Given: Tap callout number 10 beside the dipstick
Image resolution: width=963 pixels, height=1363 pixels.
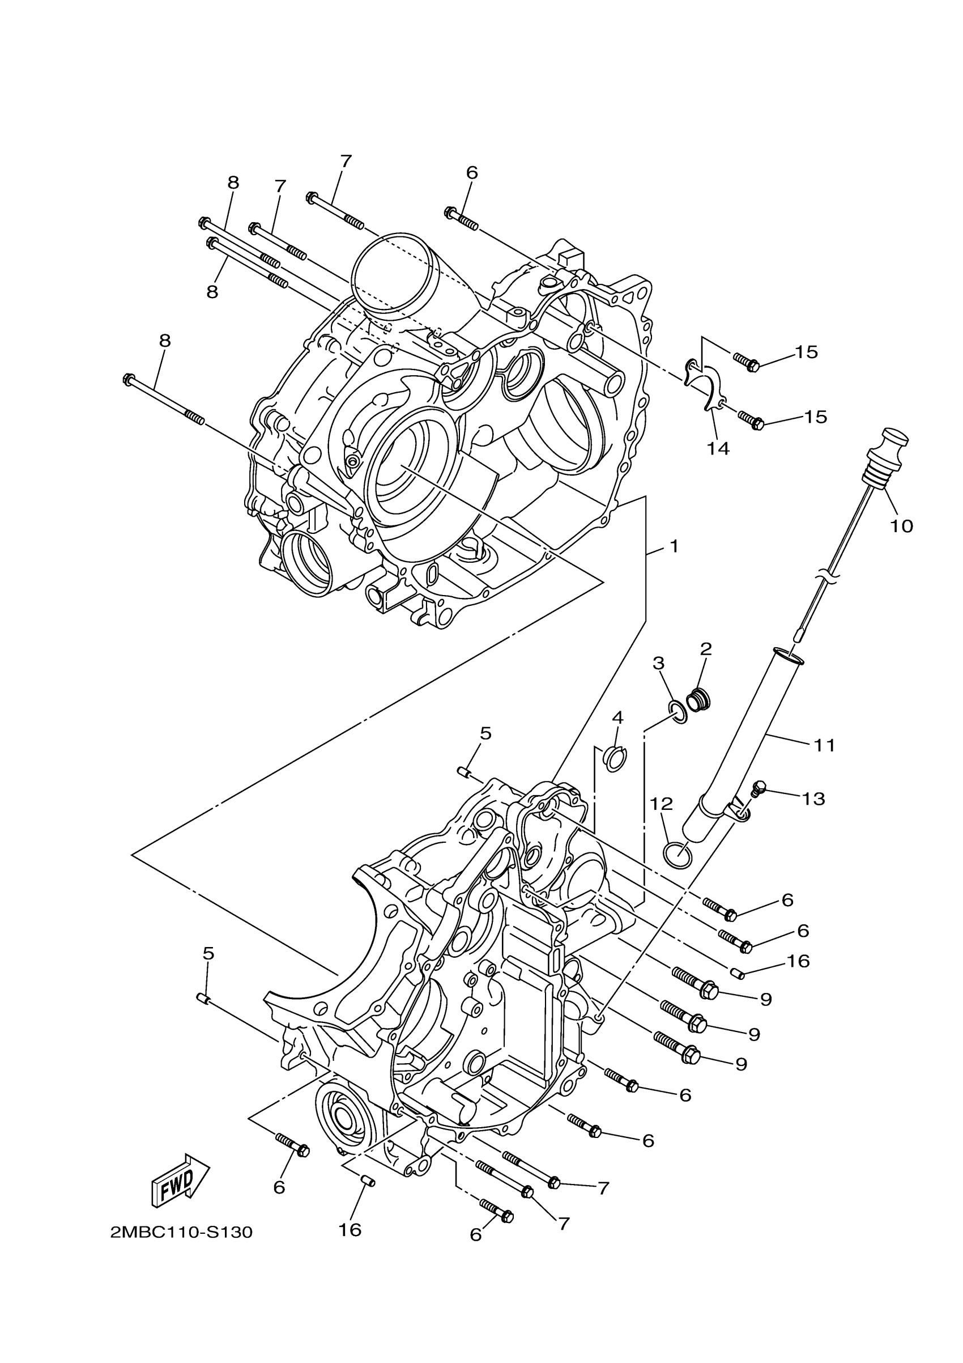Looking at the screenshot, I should tap(901, 526).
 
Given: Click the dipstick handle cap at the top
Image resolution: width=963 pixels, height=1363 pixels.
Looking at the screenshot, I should tap(895, 439).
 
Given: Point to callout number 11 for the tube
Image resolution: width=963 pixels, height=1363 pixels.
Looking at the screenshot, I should tap(824, 745).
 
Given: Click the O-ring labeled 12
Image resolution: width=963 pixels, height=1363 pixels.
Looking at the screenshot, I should tap(677, 855).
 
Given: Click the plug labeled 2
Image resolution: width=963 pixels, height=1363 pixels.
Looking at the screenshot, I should tap(698, 701).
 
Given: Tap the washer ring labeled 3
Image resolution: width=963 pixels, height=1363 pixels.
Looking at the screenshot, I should tap(678, 711).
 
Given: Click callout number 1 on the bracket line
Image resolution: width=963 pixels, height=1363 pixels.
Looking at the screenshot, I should tap(674, 546).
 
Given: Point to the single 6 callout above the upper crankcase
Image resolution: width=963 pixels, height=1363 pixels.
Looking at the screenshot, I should tap(472, 173).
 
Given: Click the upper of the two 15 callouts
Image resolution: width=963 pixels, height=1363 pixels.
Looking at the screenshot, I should tap(806, 352).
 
